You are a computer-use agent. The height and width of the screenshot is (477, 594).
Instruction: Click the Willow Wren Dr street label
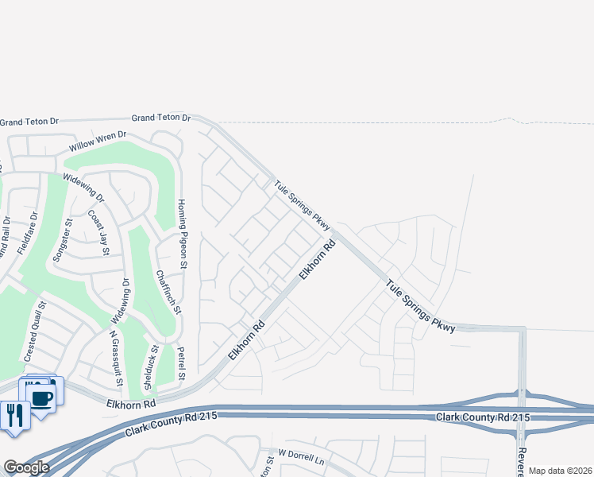click(98, 142)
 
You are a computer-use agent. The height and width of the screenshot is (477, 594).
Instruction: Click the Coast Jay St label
click(99, 233)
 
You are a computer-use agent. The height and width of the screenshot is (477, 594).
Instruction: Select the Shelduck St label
click(148, 368)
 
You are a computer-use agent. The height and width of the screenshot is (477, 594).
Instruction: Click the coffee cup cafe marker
click(40, 397)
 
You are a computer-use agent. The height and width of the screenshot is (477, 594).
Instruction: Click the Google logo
click(26, 467)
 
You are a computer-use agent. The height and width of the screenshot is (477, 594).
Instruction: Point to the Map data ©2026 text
click(560, 471)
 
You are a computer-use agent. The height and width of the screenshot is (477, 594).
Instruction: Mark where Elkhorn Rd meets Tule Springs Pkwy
click(337, 233)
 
